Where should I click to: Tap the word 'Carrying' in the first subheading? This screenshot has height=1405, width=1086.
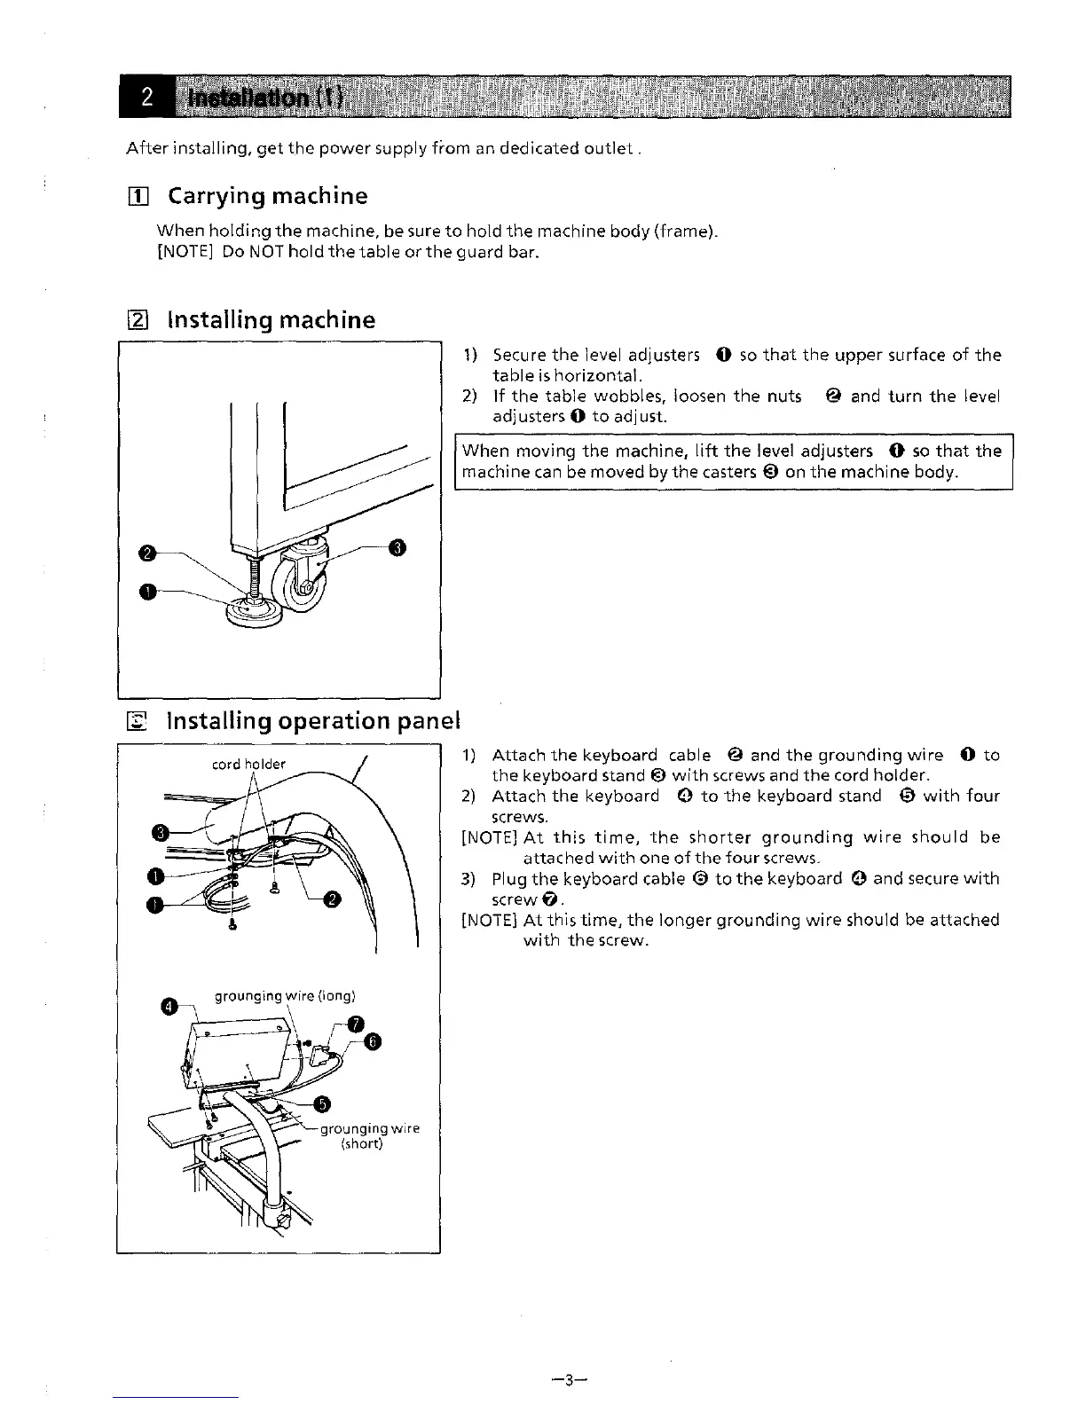[216, 195]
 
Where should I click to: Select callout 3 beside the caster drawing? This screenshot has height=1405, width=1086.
[398, 547]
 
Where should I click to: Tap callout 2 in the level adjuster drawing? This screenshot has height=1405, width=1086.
[147, 553]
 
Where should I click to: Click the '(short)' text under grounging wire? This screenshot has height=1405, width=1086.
[362, 1143]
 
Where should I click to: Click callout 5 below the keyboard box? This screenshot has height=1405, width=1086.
[323, 1103]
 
